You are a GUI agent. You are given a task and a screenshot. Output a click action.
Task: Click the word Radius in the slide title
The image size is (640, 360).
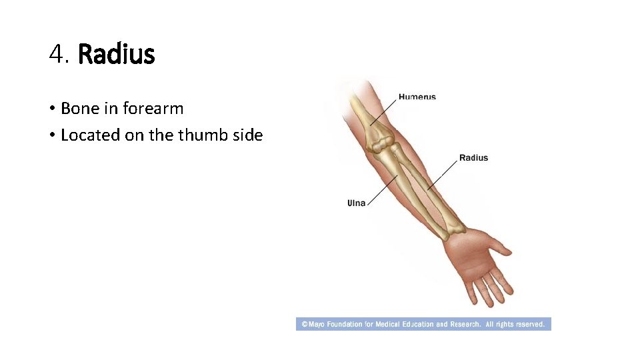click(x=117, y=54)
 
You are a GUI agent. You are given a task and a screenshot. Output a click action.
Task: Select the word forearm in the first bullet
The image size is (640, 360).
click(x=153, y=108)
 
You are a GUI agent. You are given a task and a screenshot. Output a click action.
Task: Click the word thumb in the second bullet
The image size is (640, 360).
click(x=195, y=135)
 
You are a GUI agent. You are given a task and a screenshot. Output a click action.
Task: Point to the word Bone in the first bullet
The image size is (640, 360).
click(x=79, y=108)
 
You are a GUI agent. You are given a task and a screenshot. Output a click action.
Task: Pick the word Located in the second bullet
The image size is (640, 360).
click(x=87, y=135)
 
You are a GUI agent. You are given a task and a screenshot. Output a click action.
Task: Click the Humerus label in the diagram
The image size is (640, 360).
click(x=417, y=97)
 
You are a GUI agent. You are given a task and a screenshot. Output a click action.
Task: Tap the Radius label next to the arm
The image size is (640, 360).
click(x=473, y=158)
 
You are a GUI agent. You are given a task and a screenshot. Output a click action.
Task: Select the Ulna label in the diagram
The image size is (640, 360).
click(x=356, y=203)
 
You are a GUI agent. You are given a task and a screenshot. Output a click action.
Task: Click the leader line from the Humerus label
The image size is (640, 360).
click(x=385, y=110)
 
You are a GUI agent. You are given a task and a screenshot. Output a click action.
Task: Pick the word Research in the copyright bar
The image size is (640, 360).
click(x=465, y=325)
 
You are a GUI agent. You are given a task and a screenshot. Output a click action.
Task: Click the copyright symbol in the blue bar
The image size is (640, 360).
click(x=304, y=325)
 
